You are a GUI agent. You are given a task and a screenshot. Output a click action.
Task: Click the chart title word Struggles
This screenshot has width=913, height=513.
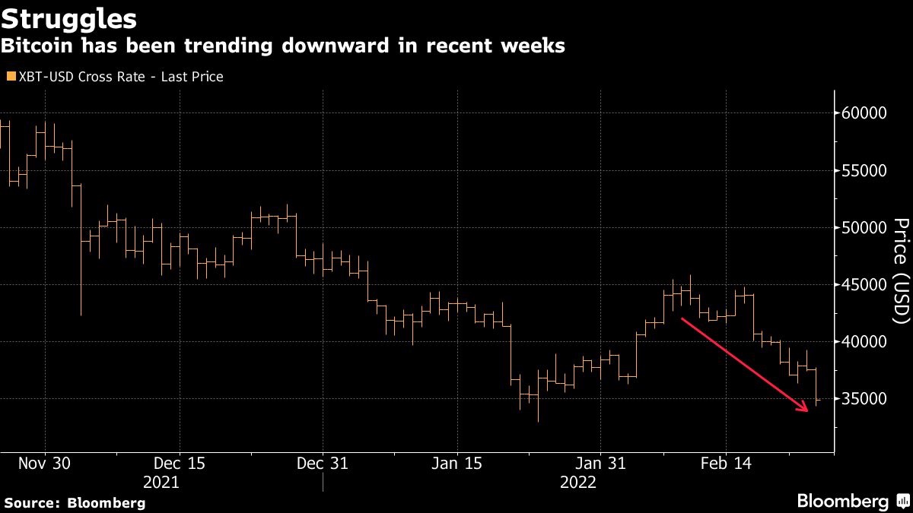coord(70,17)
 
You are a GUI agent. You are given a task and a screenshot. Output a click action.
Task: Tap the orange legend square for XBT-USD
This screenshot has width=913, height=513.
coord(11,77)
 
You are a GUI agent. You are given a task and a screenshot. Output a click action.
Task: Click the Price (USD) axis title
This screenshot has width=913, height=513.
coord(901,271)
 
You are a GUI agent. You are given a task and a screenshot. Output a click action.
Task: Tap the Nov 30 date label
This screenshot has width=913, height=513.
coord(45,463)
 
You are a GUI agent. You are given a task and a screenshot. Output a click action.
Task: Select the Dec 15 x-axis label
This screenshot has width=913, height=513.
coord(180,463)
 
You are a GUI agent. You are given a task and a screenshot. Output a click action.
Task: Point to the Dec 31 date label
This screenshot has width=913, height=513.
coord(323,463)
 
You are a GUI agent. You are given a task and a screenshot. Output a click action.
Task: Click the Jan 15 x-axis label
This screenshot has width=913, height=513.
coord(457,463)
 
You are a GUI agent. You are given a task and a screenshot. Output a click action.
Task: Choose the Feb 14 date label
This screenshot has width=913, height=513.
coord(725,463)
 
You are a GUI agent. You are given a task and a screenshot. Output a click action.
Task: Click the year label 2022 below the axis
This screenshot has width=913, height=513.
coord(578,483)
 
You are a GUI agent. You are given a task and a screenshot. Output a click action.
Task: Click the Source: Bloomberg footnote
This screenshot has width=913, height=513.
coord(75,502)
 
